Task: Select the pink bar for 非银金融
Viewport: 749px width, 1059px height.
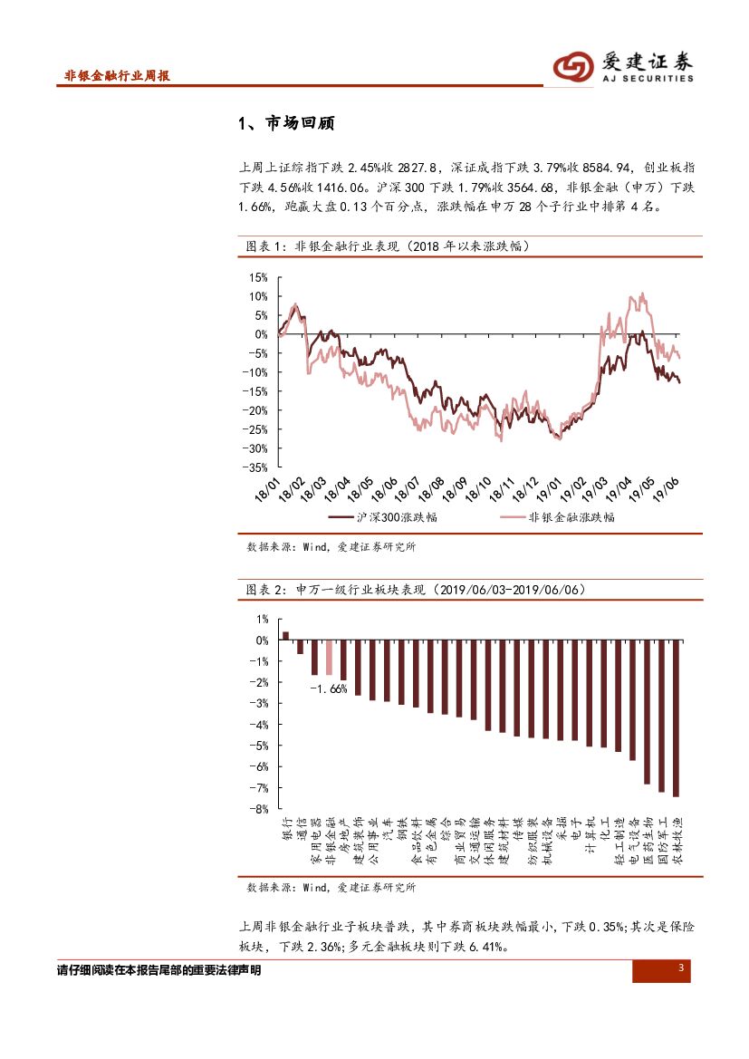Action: pyautogui.click(x=330, y=658)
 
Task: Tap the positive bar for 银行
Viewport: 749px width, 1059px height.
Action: pyautogui.click(x=286, y=636)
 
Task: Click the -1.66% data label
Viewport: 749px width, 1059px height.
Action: pyautogui.click(x=328, y=689)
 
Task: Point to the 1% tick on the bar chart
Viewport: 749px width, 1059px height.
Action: pyautogui.click(x=262, y=620)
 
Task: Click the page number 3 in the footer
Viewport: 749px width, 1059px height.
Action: pyautogui.click(x=679, y=970)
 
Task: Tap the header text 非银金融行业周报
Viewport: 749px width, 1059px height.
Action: pyautogui.click(x=117, y=77)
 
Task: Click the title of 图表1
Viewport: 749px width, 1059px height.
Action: pyautogui.click(x=388, y=246)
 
